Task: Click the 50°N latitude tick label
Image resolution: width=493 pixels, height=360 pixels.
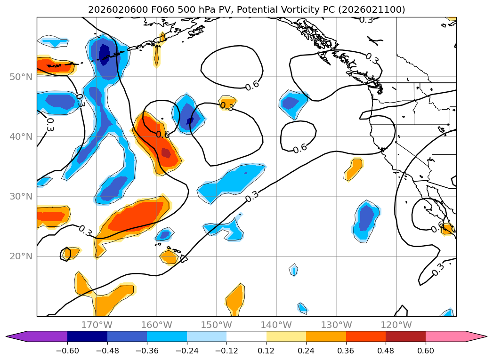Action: click(x=21, y=77)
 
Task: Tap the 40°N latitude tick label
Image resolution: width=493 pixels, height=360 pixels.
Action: click(x=21, y=136)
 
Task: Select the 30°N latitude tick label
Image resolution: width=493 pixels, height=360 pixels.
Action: click(x=21, y=197)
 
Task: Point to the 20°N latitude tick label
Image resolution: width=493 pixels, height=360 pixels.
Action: click(x=21, y=256)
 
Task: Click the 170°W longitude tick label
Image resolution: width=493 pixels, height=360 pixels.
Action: click(x=97, y=325)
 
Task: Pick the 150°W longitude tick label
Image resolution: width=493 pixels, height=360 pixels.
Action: click(x=216, y=325)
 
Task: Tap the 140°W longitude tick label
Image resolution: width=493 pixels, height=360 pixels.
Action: click(x=276, y=325)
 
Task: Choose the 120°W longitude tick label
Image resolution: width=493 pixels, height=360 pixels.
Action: click(x=396, y=325)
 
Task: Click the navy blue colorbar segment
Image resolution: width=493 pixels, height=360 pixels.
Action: click(x=87, y=336)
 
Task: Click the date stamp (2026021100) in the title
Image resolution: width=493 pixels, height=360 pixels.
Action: click(x=371, y=9)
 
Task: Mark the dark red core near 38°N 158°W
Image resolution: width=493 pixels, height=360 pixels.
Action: click(x=166, y=153)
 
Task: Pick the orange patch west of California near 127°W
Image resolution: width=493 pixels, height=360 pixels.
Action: click(x=355, y=169)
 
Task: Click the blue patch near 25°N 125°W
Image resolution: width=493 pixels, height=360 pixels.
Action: click(x=366, y=219)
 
